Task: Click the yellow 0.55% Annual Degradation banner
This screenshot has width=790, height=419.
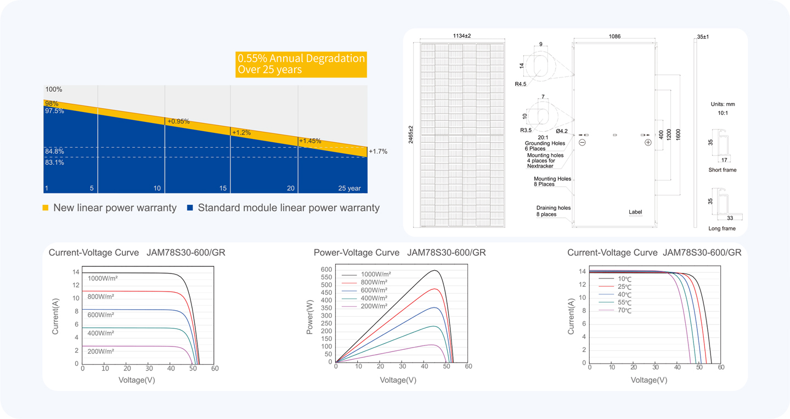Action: [x=301, y=65]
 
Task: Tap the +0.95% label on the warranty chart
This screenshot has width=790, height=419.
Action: [x=178, y=121]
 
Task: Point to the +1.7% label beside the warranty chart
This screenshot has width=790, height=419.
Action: [x=378, y=152]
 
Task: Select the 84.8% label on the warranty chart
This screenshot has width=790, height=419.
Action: [x=54, y=152]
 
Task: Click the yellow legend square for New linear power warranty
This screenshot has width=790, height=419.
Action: [x=46, y=208]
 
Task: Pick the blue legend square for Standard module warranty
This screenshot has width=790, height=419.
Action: [x=190, y=208]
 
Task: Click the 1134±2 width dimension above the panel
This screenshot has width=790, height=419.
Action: [x=462, y=36]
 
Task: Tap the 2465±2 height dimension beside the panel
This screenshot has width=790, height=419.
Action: [x=411, y=135]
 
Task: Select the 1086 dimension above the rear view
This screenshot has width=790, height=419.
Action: [x=614, y=36]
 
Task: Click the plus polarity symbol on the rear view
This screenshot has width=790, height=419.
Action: [x=648, y=143]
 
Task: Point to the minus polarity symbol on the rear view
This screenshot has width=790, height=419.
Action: [x=582, y=143]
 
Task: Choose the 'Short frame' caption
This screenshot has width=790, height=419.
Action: [x=723, y=170]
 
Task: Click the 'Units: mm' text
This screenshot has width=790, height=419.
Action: [x=723, y=104]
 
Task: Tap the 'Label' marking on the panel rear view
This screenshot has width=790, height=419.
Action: [x=635, y=212]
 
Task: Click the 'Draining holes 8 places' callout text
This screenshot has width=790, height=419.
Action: [x=554, y=211]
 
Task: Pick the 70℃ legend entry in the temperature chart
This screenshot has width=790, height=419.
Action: [x=615, y=311]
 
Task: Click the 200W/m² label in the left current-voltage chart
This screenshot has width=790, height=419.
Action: [x=101, y=351]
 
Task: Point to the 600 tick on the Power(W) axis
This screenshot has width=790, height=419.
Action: [x=326, y=269]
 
